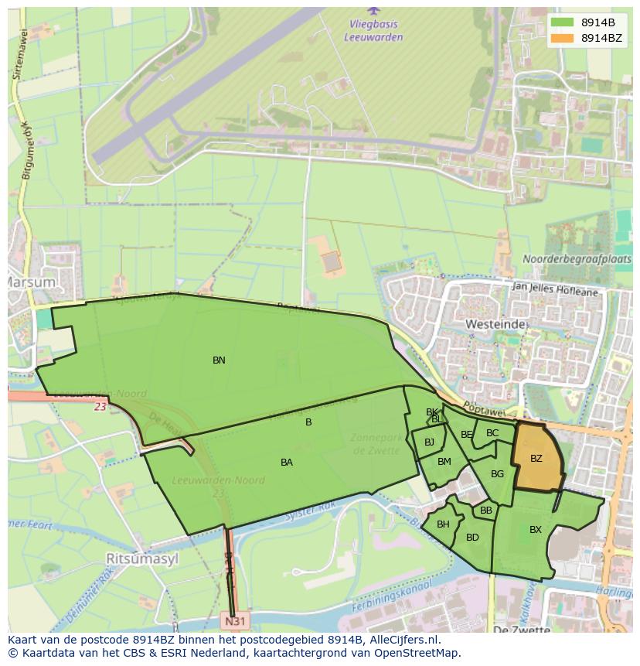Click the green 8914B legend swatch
(x=563, y=22)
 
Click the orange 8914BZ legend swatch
(x=563, y=38)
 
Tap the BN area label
(x=219, y=360)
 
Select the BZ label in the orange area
(x=536, y=459)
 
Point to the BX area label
(x=536, y=530)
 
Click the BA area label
(x=287, y=463)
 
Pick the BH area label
(x=443, y=524)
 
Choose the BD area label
(x=472, y=538)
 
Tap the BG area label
(x=497, y=474)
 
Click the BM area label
(x=444, y=462)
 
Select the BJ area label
(x=429, y=442)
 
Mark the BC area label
(x=492, y=433)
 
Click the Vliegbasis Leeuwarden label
(x=374, y=29)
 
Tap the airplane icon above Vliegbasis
(x=374, y=11)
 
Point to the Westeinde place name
(x=495, y=323)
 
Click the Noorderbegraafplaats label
(x=577, y=259)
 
